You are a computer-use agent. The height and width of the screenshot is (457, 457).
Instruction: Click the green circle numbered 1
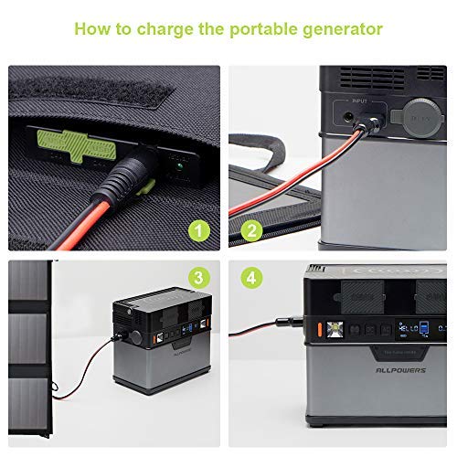pos(198,230)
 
